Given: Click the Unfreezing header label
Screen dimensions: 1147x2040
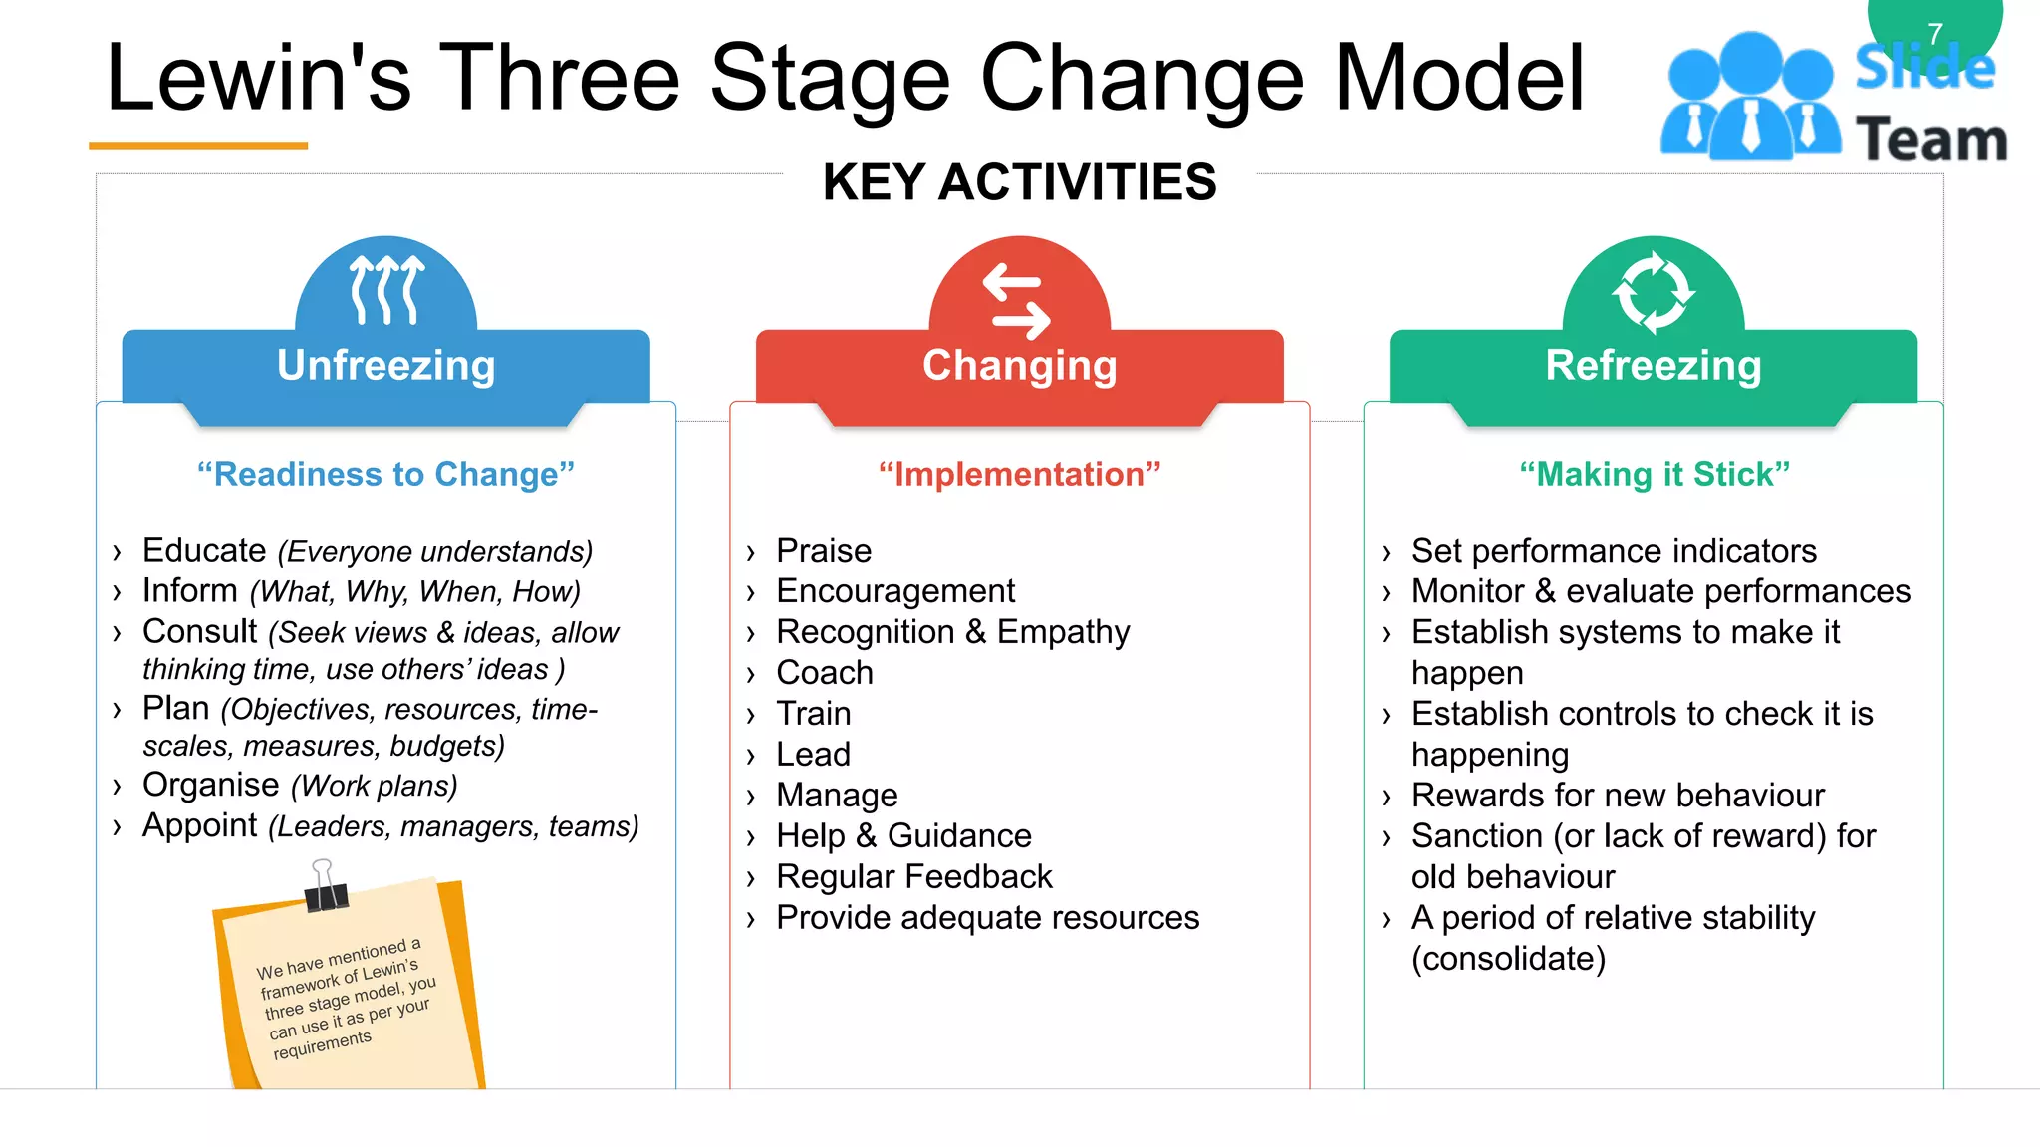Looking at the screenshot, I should pos(385,365).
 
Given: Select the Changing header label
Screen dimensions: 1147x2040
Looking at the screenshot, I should pos(1019,365).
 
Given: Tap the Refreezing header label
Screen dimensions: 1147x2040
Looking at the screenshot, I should pos(1653,365).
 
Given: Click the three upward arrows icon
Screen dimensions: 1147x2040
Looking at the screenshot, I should pos(386,290).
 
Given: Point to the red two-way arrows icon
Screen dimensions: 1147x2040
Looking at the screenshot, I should pos(1017,301).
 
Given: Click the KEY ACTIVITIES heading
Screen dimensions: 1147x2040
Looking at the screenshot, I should pos(1019,182).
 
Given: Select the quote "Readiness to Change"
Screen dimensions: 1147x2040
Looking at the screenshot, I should pos(385,474).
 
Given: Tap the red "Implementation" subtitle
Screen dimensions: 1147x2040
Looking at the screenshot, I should pos(1019,474).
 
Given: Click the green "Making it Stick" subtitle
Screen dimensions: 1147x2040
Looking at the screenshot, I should pos(1654,474).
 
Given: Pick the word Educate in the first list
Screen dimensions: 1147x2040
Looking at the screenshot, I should pos(204,550).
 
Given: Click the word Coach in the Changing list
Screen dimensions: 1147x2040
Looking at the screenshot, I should pos(824,673).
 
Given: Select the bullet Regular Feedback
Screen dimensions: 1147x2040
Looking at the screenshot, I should pos(913,876).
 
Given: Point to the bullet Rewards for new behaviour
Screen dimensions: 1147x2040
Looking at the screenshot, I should pos(1617,796).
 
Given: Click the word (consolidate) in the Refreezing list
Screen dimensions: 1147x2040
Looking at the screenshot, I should pos(1508,959).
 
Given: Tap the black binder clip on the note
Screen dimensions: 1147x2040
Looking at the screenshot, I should pos(325,889).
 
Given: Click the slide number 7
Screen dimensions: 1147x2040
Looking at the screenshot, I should pos(1934,34).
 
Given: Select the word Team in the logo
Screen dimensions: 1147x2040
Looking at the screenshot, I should pos(1931,139).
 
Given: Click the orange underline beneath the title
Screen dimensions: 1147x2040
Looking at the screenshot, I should pos(198,146).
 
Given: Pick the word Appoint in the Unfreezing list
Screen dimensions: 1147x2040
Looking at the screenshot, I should pos(200,825).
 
